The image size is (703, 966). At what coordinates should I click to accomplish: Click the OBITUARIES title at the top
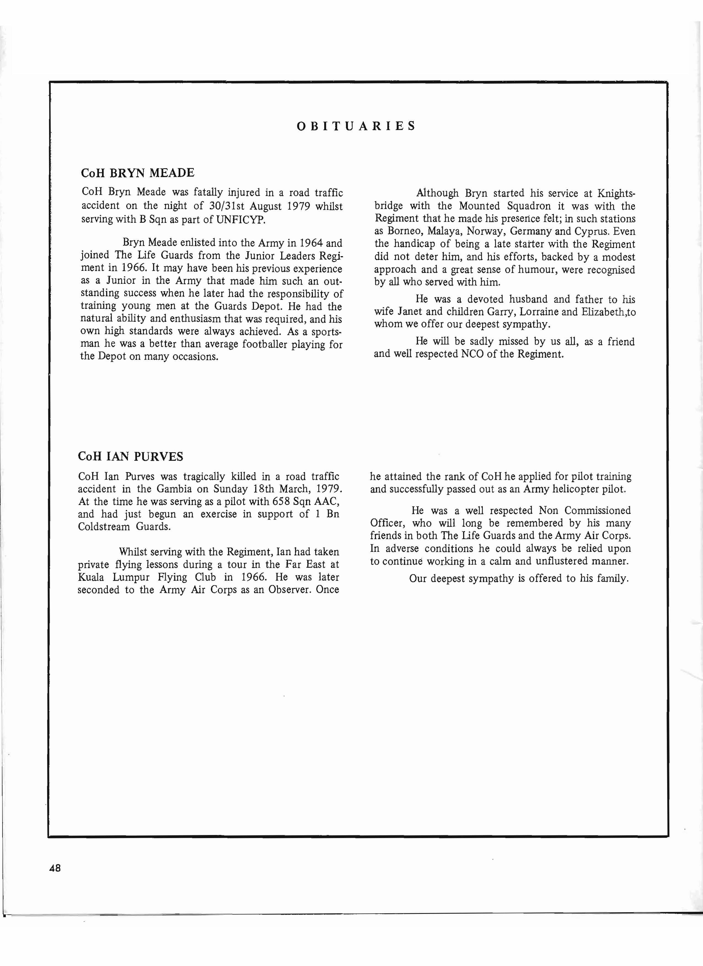pos(356,126)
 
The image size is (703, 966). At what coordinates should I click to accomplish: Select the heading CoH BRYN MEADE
pos(138,173)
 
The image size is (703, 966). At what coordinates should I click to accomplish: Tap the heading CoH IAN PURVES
pos(131,457)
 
